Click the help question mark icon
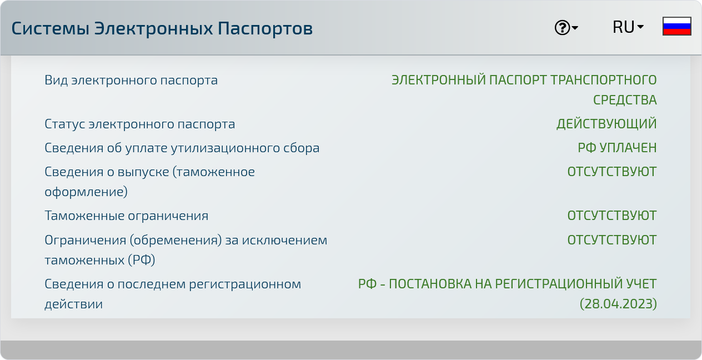click(562, 28)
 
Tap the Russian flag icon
click(677, 26)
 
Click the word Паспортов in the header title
click(265, 28)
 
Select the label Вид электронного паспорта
click(131, 81)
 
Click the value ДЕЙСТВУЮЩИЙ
click(606, 124)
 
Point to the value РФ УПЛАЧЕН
click(617, 148)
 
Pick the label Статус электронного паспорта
click(140, 124)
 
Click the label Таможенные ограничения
click(126, 216)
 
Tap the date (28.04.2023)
click(618, 304)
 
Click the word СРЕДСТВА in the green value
click(625, 100)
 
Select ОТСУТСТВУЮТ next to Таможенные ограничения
click(611, 216)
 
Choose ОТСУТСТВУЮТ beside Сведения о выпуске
click(611, 172)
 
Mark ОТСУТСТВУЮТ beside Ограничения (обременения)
click(611, 240)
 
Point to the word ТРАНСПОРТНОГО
click(604, 80)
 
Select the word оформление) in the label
click(86, 192)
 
